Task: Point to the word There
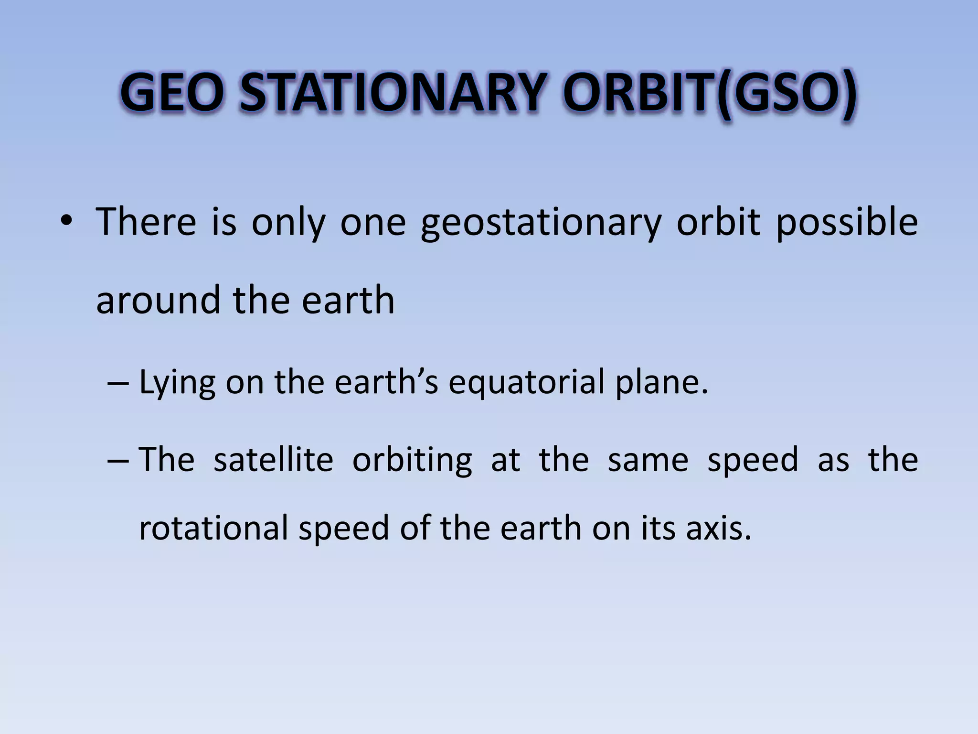pyautogui.click(x=146, y=222)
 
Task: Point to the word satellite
pyautogui.click(x=273, y=460)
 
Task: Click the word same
pyautogui.click(x=648, y=460)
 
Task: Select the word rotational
pyautogui.click(x=213, y=529)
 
